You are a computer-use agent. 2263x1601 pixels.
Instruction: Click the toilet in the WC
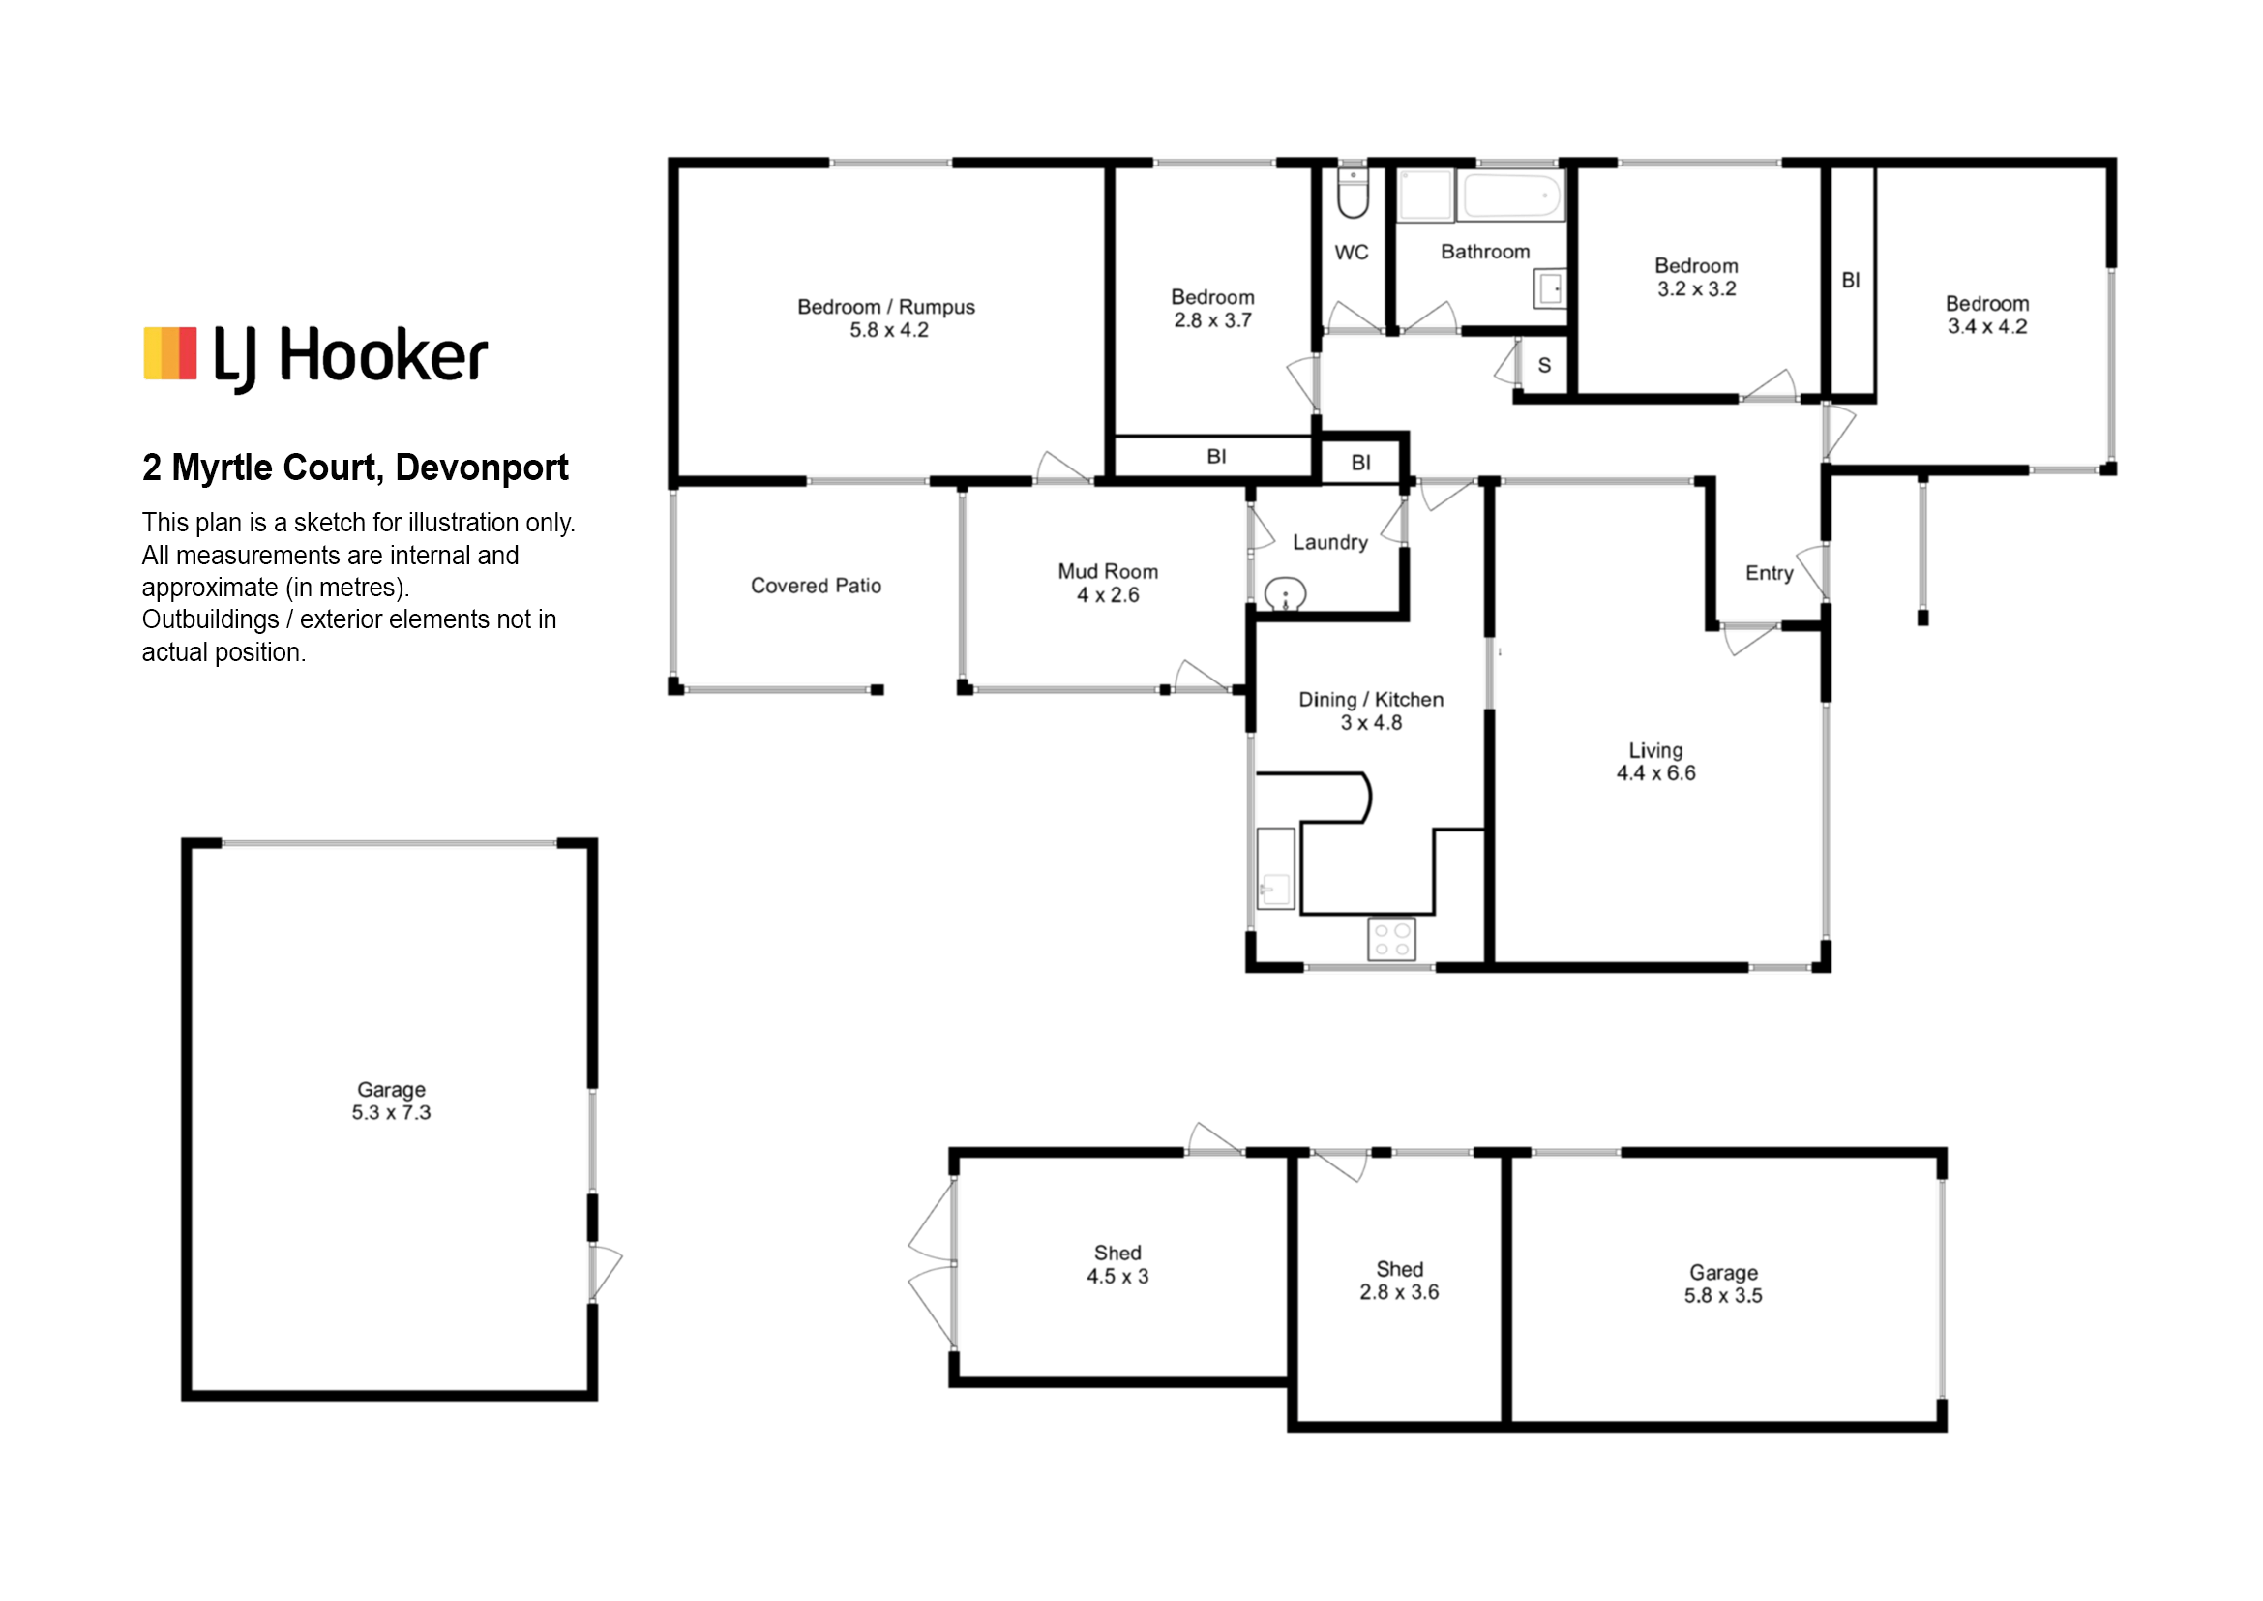pyautogui.click(x=1353, y=194)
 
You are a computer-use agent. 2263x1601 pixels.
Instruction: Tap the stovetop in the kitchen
pyautogui.click(x=1390, y=939)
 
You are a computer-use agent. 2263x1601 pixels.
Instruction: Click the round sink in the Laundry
pyautogui.click(x=1285, y=594)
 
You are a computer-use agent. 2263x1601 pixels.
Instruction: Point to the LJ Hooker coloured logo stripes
pyautogui.click(x=170, y=353)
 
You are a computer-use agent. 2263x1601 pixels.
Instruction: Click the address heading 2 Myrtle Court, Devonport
pyautogui.click(x=355, y=468)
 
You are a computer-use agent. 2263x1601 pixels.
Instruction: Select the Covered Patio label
pyautogui.click(x=817, y=586)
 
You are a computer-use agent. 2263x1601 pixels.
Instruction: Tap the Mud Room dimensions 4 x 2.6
pyautogui.click(x=1108, y=595)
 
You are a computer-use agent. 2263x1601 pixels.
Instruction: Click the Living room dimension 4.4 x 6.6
pyautogui.click(x=1655, y=774)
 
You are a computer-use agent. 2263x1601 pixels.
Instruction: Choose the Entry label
pyautogui.click(x=1770, y=574)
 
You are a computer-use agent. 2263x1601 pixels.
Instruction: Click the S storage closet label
pyautogui.click(x=1544, y=366)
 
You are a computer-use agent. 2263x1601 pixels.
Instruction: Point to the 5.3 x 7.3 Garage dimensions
pyautogui.click(x=391, y=1113)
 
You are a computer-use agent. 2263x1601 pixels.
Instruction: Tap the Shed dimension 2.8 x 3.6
pyautogui.click(x=1400, y=1292)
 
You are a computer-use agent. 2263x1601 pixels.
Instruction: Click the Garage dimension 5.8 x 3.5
pyautogui.click(x=1723, y=1296)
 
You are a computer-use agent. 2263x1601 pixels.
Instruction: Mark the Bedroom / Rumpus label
pyautogui.click(x=886, y=308)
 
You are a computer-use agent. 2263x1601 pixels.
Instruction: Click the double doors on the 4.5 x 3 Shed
pyautogui.click(x=933, y=1264)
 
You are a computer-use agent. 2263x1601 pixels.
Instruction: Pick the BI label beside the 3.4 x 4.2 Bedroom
pyautogui.click(x=1851, y=281)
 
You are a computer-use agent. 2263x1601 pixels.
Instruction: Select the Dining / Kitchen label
pyautogui.click(x=1371, y=700)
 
